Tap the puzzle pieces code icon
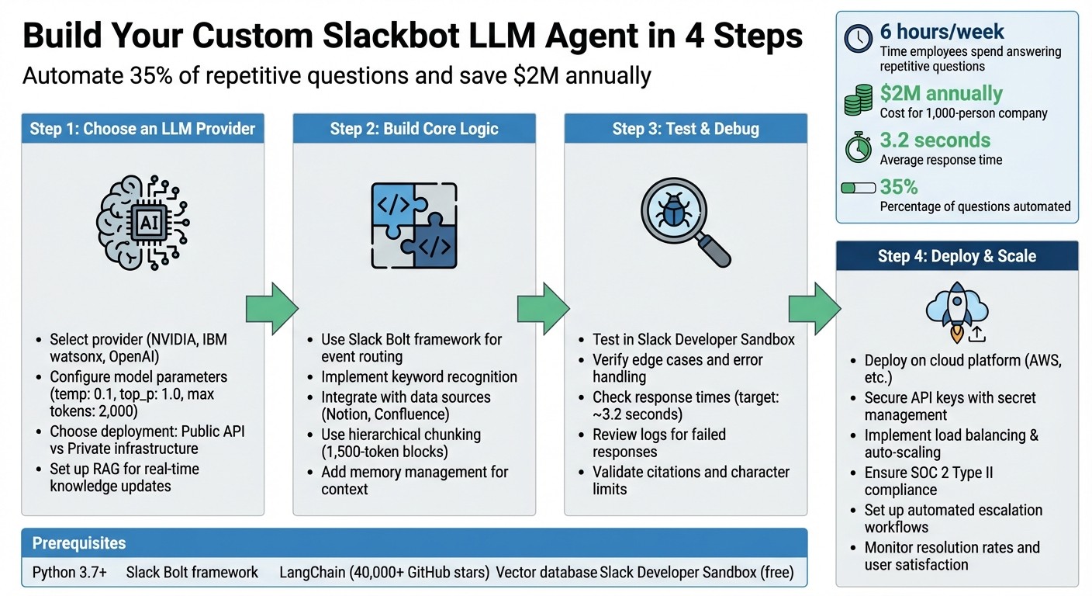click(x=413, y=225)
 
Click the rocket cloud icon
click(x=956, y=310)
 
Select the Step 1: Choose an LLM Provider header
click(x=143, y=128)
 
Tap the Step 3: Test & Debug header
click(x=685, y=128)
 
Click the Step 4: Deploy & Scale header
click(x=956, y=256)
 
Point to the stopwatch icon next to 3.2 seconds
click(x=859, y=147)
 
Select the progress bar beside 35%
click(x=859, y=188)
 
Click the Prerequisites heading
click(x=78, y=543)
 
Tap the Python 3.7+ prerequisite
click(x=70, y=573)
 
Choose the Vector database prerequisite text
click(x=546, y=573)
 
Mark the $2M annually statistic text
click(x=941, y=94)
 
